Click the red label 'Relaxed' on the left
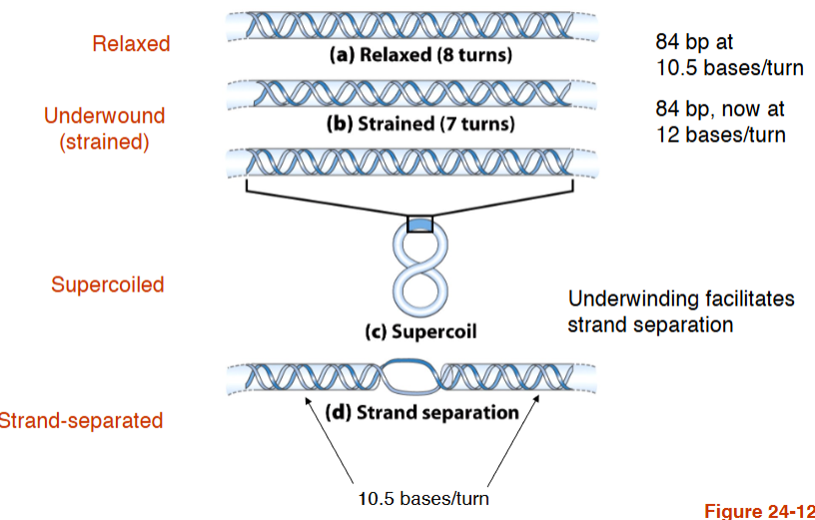pos(131,44)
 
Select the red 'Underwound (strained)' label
pos(104,129)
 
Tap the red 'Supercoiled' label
pos(107,284)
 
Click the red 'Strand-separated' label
pos(80,420)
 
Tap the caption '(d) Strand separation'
pos(423,411)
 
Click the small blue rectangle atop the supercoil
pos(420,225)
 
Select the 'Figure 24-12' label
pos(758,510)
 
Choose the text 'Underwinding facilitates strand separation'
pos(681,311)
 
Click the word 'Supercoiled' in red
pos(107,284)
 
